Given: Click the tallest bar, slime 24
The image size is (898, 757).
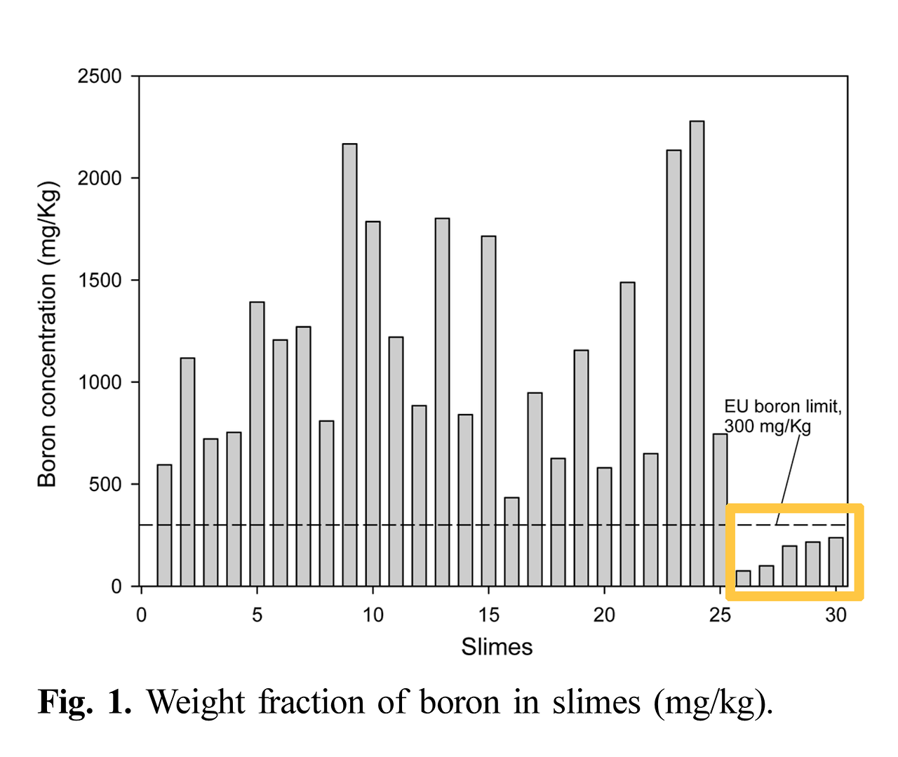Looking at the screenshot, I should (x=697, y=354).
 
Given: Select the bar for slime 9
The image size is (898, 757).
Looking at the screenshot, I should (x=349, y=365).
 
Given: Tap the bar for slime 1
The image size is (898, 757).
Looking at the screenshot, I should (x=164, y=525).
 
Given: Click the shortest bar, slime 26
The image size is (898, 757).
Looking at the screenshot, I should (x=743, y=578).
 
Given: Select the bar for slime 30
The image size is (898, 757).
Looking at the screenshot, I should (x=836, y=561).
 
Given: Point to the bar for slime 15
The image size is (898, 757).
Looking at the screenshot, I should (x=488, y=411).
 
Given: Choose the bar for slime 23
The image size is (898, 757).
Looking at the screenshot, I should (x=673, y=368).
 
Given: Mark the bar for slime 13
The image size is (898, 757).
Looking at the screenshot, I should (x=442, y=402).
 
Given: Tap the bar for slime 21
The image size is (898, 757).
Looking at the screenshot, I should (x=627, y=434).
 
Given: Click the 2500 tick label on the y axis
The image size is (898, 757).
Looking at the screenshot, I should (x=100, y=76).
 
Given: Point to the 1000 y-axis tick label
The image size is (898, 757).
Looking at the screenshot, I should (x=100, y=382).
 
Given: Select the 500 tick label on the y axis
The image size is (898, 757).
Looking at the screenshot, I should (x=105, y=484).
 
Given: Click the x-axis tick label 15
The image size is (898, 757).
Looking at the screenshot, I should (x=488, y=615).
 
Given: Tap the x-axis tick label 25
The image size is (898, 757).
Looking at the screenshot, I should (x=720, y=615).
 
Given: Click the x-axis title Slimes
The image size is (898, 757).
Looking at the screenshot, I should (x=497, y=646).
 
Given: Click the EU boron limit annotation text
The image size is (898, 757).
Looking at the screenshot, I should (x=782, y=416).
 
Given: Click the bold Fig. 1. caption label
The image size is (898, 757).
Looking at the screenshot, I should (x=84, y=702).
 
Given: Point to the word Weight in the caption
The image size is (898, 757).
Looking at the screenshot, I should (x=196, y=702).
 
